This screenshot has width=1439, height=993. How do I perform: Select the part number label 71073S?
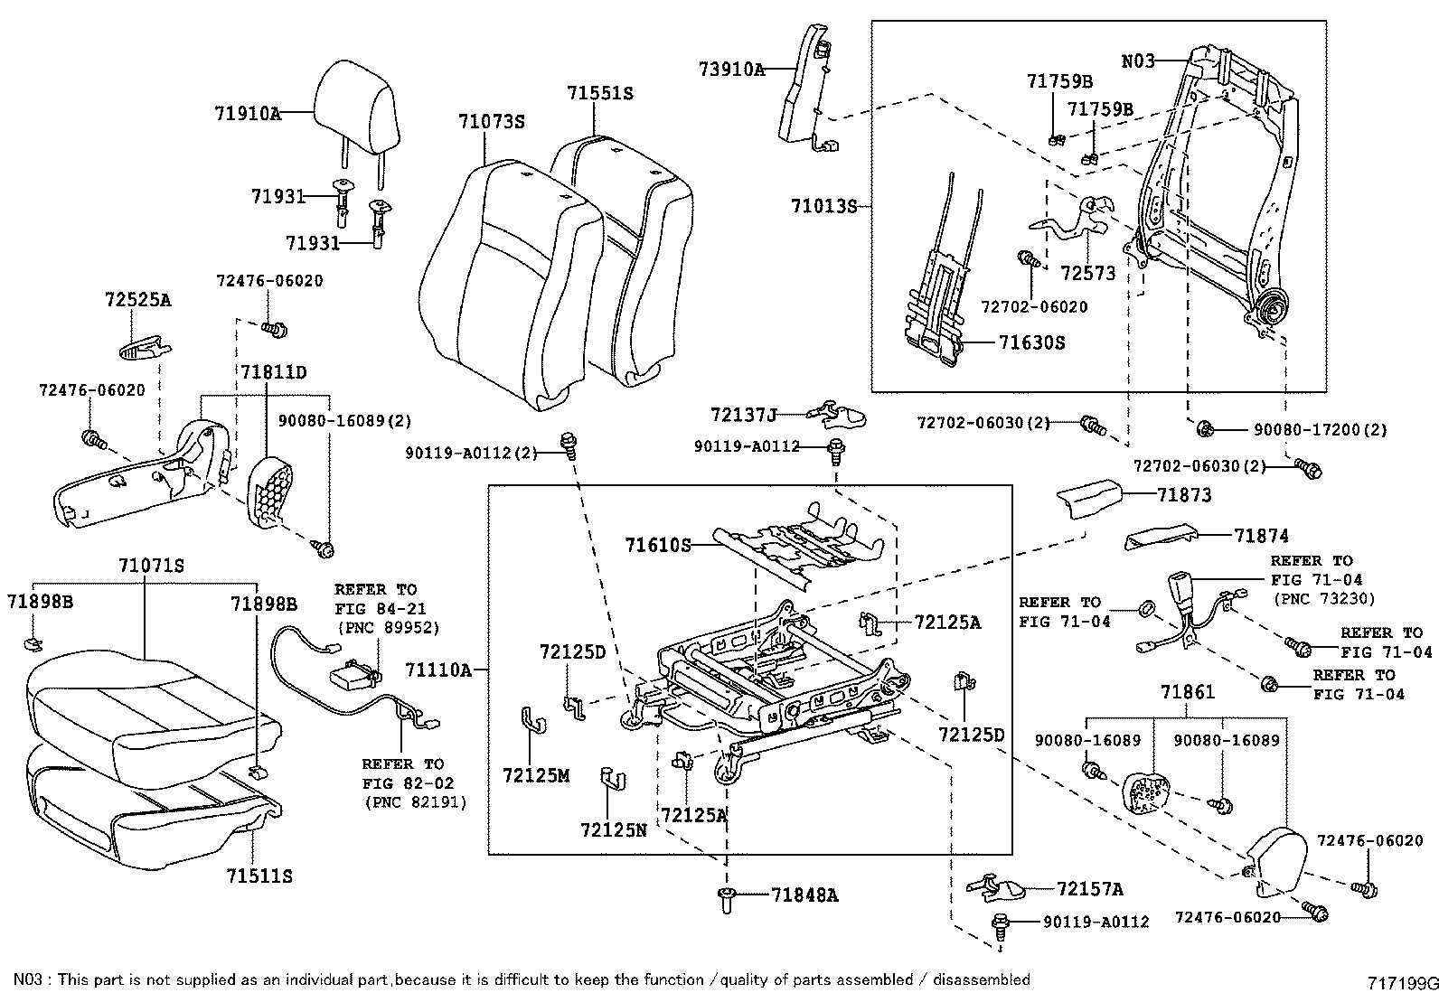point(491,122)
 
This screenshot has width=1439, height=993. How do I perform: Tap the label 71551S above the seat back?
point(600,93)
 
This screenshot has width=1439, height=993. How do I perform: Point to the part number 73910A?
point(731,69)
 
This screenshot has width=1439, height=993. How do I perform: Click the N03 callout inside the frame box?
point(1138,61)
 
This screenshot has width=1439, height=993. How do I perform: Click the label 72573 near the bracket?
point(1088,273)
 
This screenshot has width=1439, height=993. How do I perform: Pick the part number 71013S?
point(823,206)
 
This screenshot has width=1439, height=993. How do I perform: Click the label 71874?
point(1261,536)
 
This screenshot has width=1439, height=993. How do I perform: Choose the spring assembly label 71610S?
point(657,545)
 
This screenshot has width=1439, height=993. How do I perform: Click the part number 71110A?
point(438,670)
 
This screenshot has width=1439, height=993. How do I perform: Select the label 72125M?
point(536,775)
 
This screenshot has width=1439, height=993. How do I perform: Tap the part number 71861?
point(1188,693)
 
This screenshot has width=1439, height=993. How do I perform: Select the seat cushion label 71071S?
point(151,566)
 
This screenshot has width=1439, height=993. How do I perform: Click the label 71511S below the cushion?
point(259,876)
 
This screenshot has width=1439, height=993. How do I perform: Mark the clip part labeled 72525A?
point(145,344)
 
